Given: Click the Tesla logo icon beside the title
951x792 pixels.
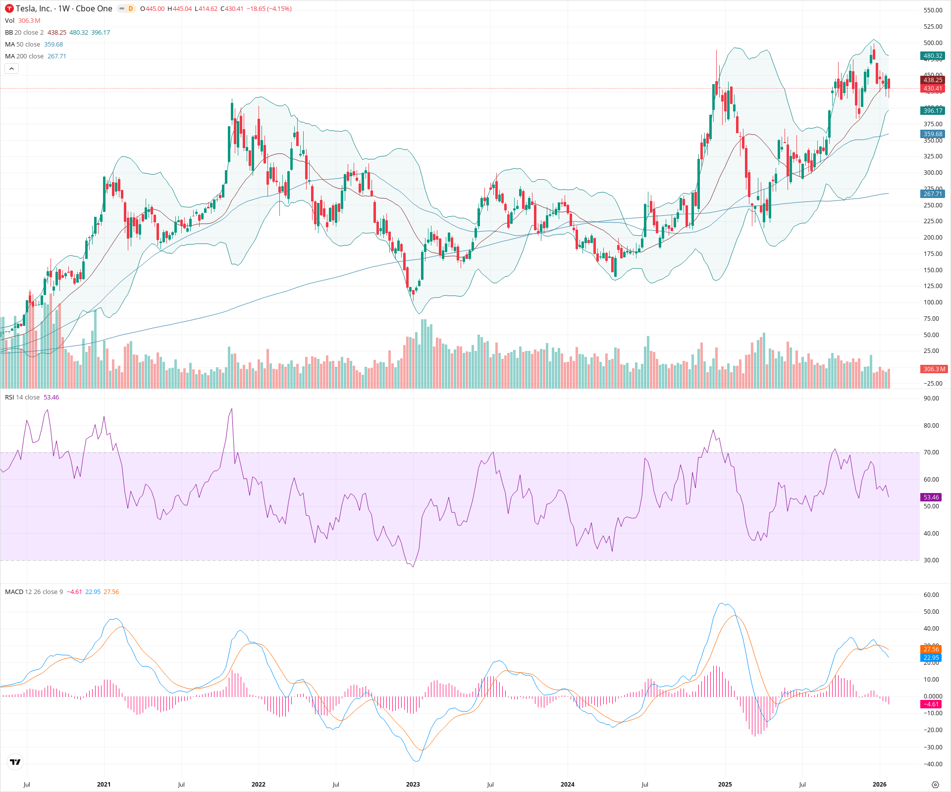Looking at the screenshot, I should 9,8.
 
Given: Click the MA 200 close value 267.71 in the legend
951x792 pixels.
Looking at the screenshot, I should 56,56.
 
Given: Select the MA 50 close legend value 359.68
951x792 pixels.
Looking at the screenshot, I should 53,45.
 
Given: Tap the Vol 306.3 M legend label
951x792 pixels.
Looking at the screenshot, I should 22,21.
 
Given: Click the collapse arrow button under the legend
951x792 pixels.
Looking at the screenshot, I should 11,68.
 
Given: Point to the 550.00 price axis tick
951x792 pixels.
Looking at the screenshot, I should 933,10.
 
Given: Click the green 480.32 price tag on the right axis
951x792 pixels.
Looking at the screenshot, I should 933,56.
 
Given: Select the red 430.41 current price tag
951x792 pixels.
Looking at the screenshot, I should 933,89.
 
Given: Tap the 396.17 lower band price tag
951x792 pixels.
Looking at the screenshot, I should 933,111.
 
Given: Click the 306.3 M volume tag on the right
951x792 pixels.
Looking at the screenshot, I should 934,369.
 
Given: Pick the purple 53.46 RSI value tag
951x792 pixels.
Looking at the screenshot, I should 931,497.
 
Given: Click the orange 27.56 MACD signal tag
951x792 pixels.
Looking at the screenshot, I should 931,649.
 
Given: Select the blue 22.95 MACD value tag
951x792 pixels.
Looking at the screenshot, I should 931,658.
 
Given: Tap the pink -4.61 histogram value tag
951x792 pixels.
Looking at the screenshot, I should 931,704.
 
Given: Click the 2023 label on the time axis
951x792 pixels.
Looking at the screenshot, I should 413,785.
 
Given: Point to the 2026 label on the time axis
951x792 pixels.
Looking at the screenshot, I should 879,785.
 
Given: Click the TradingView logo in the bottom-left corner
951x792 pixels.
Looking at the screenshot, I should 15,762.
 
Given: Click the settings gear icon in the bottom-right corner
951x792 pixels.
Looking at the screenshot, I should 935,785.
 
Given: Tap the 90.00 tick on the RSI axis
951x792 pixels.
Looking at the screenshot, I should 931,398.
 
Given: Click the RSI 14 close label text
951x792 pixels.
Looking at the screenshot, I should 22,397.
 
